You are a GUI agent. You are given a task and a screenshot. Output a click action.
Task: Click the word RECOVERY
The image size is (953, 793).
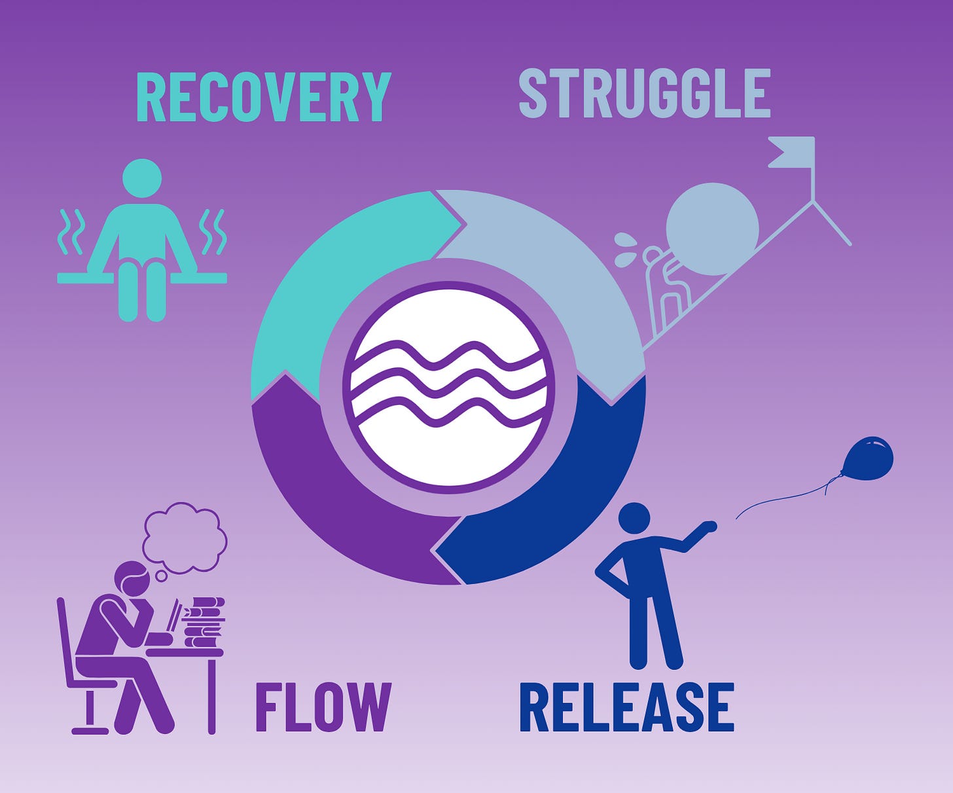coord(263,97)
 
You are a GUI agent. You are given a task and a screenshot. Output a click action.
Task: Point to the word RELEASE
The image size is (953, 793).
coord(626,707)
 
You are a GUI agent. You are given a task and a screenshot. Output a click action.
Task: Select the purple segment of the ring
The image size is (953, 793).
coord(327,498)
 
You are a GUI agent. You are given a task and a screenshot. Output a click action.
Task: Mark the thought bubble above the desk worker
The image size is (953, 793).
coord(185,537)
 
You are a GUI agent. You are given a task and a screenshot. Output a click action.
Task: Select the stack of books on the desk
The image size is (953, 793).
coord(204,622)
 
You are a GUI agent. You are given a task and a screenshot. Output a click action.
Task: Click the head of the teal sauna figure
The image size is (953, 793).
coord(142,178)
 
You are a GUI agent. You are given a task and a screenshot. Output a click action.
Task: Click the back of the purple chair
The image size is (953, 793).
coord(64,642)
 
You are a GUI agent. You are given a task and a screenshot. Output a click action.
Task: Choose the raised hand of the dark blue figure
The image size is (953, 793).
coord(708,526)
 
